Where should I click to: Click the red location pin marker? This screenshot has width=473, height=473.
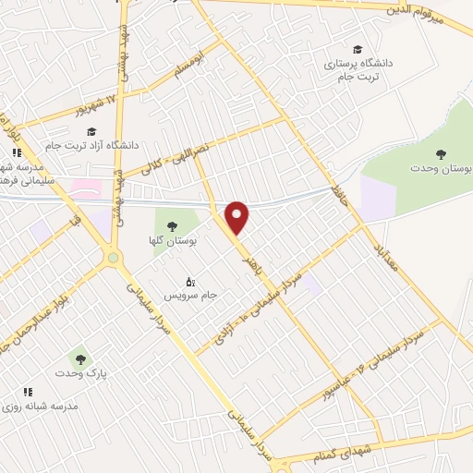pos(238,216)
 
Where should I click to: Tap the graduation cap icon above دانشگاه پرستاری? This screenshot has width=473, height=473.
pos(357,50)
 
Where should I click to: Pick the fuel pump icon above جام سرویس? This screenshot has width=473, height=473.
pos(190,282)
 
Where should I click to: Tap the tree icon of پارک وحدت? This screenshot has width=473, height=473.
pos(79,358)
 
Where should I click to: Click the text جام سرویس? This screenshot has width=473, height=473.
pos(190,296)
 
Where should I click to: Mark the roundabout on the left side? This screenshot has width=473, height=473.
pos(115,257)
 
